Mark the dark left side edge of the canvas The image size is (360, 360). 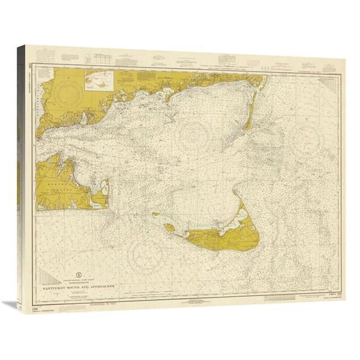pyautogui.click(x=23, y=181)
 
